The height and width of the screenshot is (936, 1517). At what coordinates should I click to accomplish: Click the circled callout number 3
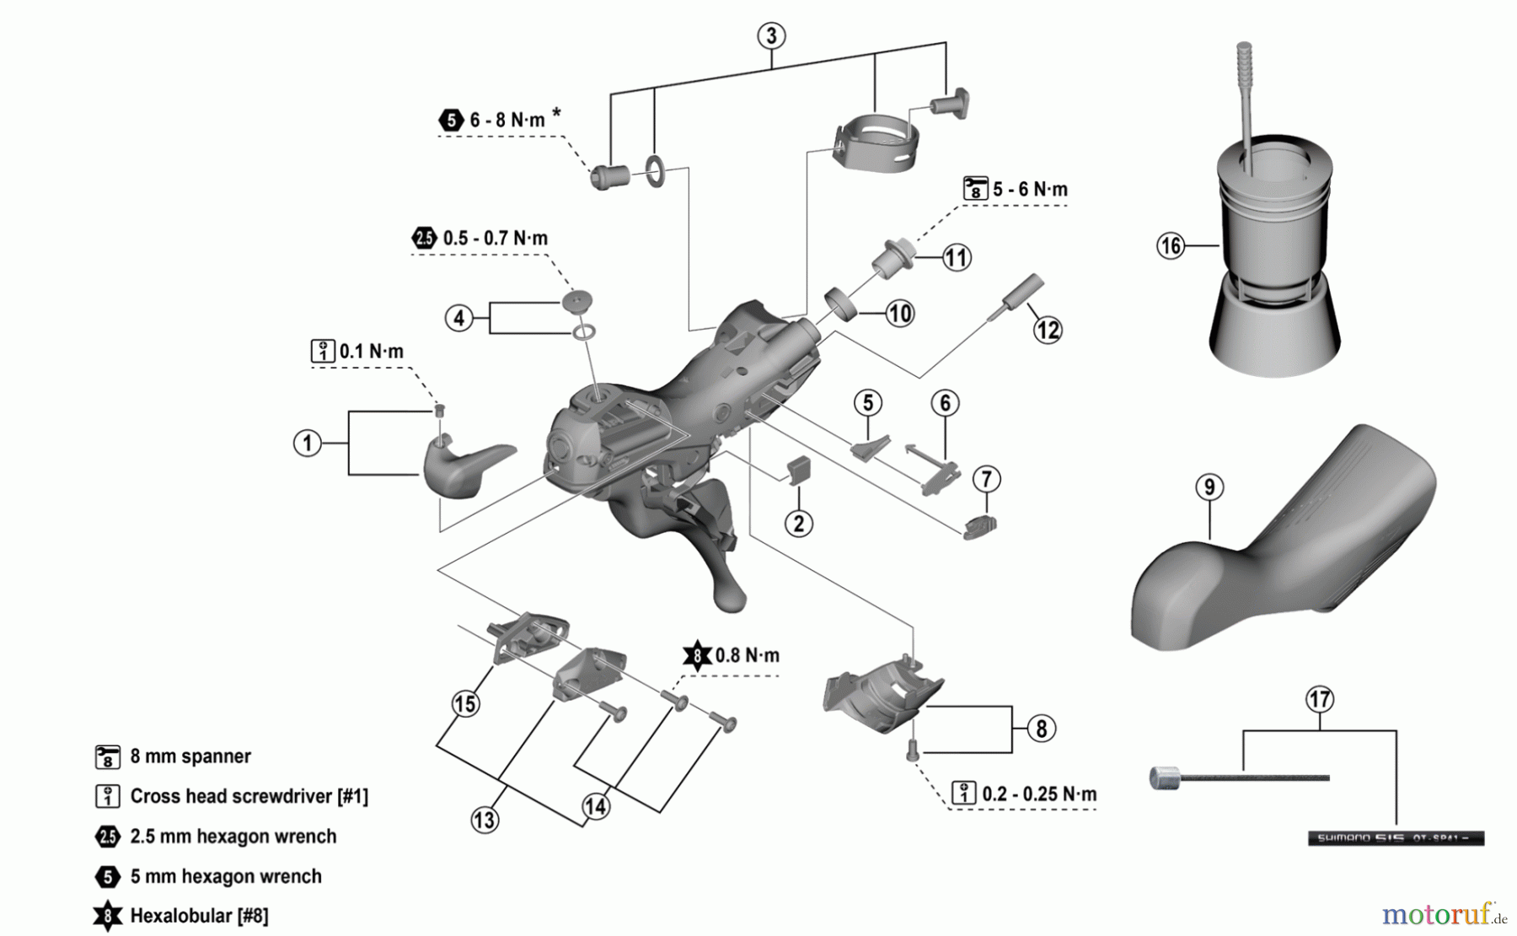(x=771, y=36)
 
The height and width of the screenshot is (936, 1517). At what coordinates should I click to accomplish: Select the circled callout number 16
(x=1171, y=245)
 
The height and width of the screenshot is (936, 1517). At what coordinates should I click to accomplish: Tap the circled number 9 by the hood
(x=1209, y=487)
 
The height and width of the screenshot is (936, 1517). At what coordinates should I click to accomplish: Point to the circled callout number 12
(x=1048, y=330)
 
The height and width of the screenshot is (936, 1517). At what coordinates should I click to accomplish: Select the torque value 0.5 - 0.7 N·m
(x=495, y=239)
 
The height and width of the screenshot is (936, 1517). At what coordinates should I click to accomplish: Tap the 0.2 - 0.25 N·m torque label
(x=1039, y=794)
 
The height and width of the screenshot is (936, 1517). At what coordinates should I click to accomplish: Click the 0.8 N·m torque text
(x=747, y=655)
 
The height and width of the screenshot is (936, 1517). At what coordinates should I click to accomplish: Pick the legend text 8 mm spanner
(x=190, y=756)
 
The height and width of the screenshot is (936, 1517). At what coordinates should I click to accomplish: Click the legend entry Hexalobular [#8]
(x=199, y=916)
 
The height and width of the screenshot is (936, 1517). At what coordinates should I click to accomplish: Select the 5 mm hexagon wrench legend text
(x=226, y=876)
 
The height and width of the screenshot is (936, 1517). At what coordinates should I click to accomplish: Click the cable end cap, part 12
(x=1021, y=291)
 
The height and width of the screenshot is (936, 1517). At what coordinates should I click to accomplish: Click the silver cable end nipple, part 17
(x=1165, y=777)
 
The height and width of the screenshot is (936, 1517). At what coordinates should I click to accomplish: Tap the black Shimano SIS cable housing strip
(x=1395, y=838)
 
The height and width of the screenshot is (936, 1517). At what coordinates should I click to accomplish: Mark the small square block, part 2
(x=798, y=469)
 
